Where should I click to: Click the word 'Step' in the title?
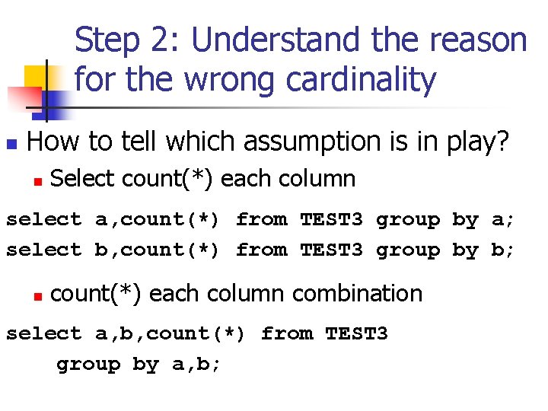(107, 40)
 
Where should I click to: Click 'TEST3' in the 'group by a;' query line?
(331, 220)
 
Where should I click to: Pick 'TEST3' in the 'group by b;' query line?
(331, 250)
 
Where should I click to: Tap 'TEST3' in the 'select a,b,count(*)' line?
(356, 333)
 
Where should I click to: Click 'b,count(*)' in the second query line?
(158, 250)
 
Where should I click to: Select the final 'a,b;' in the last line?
(196, 364)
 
